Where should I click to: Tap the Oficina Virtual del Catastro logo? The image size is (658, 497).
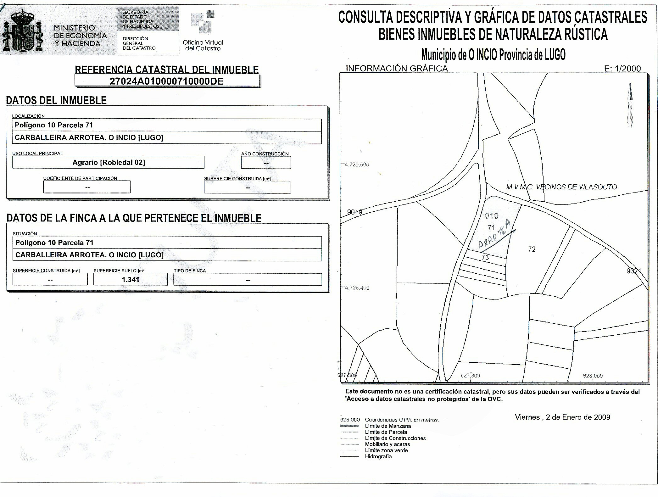203,31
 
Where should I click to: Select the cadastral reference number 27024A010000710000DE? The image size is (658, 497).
166,81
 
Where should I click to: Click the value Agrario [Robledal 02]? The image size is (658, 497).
109,162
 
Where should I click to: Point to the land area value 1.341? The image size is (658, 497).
131,280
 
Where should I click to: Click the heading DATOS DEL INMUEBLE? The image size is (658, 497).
56,100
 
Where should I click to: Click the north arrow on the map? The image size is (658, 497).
630,104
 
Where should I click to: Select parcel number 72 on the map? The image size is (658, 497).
532,249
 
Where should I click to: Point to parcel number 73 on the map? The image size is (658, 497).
485,257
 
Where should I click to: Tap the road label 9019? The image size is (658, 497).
354,212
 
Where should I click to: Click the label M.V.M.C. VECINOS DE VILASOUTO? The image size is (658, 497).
561,187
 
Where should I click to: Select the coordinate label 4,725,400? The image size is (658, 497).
357,288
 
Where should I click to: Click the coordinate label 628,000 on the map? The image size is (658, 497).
593,376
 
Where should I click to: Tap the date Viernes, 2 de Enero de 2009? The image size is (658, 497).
562,417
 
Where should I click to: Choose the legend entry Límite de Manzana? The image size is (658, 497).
388,426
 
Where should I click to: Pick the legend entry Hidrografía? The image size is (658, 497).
378,456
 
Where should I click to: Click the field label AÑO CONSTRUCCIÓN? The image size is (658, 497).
265,154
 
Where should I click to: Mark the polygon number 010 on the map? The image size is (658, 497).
492,216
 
